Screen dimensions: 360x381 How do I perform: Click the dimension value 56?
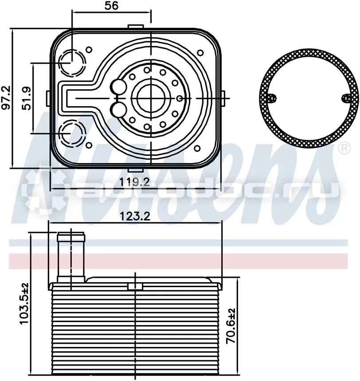112,5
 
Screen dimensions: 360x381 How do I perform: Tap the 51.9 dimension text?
27,98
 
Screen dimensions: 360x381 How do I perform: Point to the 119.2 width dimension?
135,182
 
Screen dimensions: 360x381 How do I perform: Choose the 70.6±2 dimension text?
231,326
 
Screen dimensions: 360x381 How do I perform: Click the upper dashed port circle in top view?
72,63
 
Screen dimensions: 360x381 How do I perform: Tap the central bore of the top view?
151,98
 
